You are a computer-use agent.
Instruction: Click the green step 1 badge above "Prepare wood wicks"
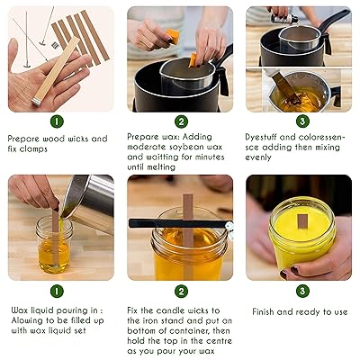pos(57,121)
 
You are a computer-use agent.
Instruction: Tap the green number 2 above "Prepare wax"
pos(181,121)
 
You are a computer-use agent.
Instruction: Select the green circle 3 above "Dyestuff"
pos(302,121)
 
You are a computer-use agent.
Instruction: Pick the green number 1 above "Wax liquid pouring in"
pos(57,291)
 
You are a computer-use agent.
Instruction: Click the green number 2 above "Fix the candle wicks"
pos(181,292)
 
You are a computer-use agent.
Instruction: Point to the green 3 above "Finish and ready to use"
pos(302,291)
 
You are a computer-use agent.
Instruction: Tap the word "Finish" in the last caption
pos(263,311)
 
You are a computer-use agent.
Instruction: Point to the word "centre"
pos(217,341)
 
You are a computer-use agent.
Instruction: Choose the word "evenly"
pos(258,157)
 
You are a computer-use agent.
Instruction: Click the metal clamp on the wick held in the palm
pos(38,102)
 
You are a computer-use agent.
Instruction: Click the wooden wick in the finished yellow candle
pos(302,221)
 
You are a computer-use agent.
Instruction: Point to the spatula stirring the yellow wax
pos(287,88)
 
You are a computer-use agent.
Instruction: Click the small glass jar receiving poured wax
pos(54,245)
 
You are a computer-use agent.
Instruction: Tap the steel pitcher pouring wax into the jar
pos(90,201)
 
